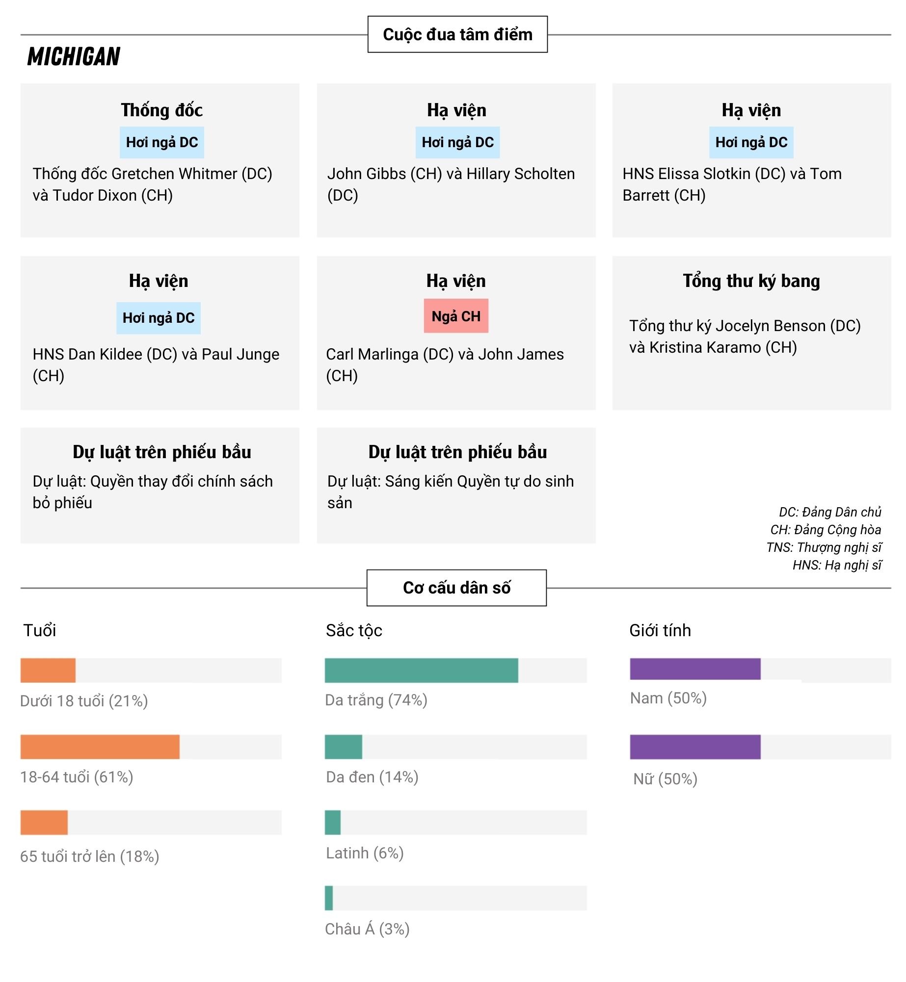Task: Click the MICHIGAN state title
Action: [x=74, y=56]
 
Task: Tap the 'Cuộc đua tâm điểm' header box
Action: [x=457, y=34]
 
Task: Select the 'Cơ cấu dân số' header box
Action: [x=456, y=588]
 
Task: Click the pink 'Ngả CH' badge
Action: [x=456, y=316]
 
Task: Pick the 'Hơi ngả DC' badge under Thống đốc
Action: [x=162, y=142]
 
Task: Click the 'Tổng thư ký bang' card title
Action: [x=751, y=281]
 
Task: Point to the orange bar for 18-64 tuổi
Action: [x=100, y=747]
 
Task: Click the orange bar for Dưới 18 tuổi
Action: [x=48, y=670]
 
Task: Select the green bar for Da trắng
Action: [x=421, y=670]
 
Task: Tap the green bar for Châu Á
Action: [x=329, y=898]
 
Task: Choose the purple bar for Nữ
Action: [x=695, y=747]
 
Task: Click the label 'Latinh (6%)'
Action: [x=365, y=853]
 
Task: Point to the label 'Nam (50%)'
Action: [x=668, y=698]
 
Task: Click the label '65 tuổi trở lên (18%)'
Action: [x=90, y=856]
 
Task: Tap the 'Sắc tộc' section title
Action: [x=354, y=630]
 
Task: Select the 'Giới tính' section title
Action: [x=660, y=630]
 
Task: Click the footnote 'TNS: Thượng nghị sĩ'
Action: [x=824, y=547]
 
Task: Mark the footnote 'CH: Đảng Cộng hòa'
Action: [x=826, y=530]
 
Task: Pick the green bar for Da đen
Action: [x=343, y=747]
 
